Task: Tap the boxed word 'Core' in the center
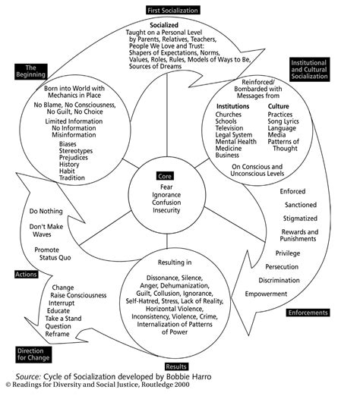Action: (x=177, y=175)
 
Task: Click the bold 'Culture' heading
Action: (x=279, y=106)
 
